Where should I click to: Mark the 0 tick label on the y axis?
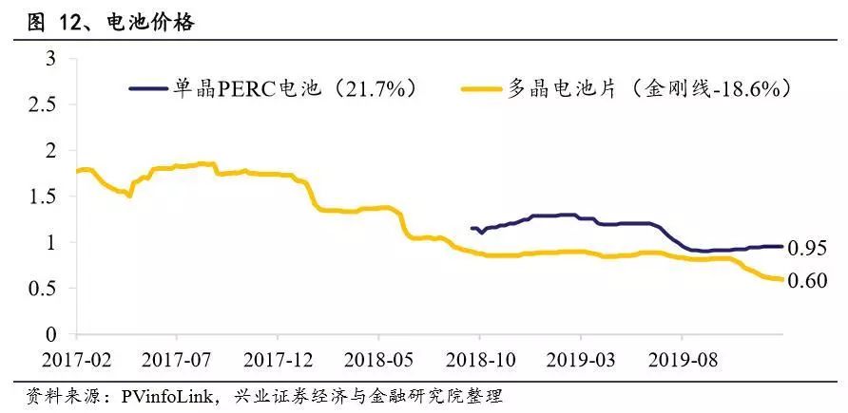52,334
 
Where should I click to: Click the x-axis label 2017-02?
75,361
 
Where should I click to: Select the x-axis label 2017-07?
176,361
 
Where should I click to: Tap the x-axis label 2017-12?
277,361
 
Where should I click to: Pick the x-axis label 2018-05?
378,361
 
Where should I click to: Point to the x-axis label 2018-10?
479,361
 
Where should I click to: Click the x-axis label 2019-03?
581,361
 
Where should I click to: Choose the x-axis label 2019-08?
682,361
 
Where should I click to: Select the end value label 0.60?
809,282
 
